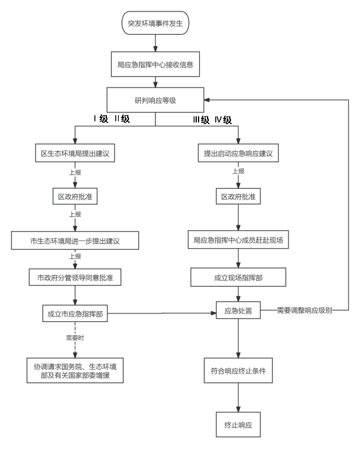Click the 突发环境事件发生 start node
coord(155,25)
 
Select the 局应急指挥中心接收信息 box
coord(155,64)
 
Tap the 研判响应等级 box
coord(155,100)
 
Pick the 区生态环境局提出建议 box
coord(75,153)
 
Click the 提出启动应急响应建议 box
coord(238,153)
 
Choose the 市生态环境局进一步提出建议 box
coord(75,241)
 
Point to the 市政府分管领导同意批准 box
coord(75,278)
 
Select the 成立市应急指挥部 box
coord(75,313)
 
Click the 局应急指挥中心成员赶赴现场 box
coord(238,240)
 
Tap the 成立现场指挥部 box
coord(238,278)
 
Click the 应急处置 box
coord(238,311)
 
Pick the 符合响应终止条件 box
coord(238,370)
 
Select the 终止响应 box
coord(238,424)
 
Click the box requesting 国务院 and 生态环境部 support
coord(75,371)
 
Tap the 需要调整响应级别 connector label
coord(305,311)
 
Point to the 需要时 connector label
coord(75,338)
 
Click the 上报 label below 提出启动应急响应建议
coord(238,171)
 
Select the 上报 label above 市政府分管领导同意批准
coord(75,257)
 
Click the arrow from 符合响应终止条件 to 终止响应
coord(238,397)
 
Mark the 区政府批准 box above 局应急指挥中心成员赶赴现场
coord(238,197)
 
